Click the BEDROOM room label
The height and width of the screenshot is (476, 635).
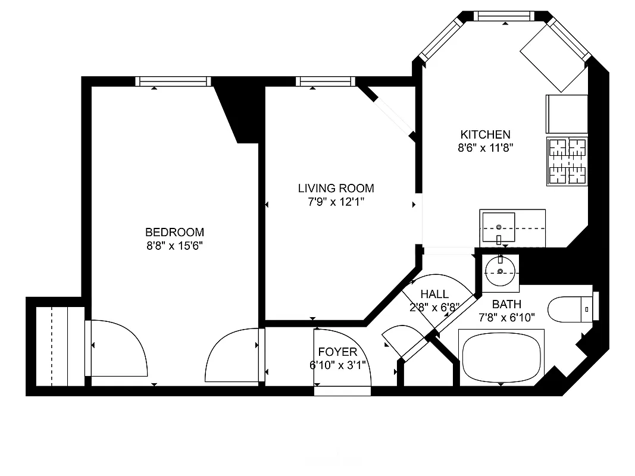point(174,232)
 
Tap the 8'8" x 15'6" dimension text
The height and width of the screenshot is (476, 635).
point(174,245)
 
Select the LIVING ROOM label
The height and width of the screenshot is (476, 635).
point(336,189)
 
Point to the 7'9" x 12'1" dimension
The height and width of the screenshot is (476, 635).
point(336,202)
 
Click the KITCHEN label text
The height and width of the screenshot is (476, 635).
point(486,134)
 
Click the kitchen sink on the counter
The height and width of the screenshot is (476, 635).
point(499,227)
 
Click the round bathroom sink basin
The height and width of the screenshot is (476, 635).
point(500,271)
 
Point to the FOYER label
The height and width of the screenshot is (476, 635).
point(337,352)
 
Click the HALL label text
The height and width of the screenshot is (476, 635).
point(434,295)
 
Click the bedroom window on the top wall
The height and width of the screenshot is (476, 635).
point(173,82)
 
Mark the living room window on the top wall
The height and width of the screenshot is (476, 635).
point(325,82)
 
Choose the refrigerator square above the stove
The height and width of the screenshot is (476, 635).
point(567,114)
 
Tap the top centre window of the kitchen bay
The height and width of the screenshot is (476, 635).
point(505,16)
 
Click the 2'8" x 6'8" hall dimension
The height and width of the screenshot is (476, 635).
point(434,308)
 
